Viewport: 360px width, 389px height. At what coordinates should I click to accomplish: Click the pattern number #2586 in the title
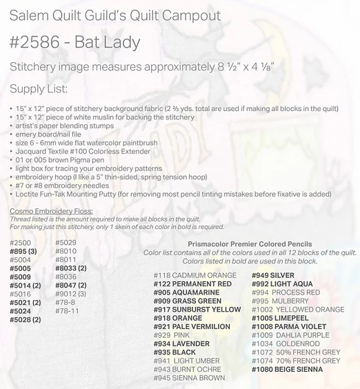34,41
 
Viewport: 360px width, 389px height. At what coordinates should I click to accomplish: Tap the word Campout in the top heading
191,15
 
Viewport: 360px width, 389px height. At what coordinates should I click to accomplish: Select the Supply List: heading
39,89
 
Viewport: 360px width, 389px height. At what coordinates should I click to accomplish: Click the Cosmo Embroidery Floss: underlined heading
51,211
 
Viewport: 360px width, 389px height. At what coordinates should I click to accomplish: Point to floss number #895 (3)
23,251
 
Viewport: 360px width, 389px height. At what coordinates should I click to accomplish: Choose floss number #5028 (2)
26,320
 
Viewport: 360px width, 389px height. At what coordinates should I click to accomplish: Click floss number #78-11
67,311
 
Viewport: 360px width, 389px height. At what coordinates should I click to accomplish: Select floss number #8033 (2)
71,268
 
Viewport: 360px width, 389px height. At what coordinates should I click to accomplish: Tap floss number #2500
20,243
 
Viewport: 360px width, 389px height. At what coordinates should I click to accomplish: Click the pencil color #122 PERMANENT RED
192,283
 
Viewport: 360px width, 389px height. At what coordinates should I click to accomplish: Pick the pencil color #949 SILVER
273,275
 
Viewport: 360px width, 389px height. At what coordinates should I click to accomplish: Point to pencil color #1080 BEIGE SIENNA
288,370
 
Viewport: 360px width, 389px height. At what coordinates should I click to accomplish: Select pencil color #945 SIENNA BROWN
189,378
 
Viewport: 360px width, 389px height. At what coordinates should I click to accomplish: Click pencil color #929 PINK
172,335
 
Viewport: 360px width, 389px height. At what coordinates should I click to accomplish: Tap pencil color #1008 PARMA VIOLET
289,327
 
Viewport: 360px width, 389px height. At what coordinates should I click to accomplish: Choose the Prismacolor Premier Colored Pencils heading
250,244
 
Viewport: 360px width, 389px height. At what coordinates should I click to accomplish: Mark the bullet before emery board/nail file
11,134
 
